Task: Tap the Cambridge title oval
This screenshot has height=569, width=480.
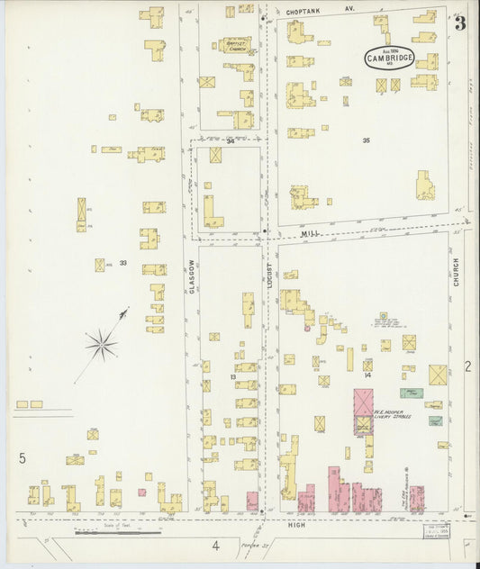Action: point(389,58)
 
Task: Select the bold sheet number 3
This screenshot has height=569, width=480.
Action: point(459,23)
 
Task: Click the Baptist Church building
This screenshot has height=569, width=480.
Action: point(237,45)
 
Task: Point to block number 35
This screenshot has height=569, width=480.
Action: point(366,140)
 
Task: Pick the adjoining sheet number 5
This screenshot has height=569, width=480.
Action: point(22,458)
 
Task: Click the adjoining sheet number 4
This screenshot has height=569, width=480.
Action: point(215,545)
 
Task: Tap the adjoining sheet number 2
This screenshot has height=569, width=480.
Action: point(467,366)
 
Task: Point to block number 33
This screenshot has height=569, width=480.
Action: point(122,263)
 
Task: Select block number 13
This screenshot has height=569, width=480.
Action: point(206,376)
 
